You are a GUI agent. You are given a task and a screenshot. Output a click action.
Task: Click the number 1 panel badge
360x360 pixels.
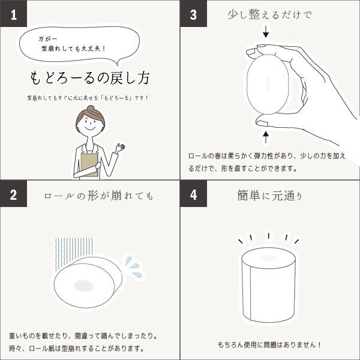(13, 13)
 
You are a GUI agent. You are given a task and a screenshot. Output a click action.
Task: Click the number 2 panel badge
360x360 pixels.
(13, 194)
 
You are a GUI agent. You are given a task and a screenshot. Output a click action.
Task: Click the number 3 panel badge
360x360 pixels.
(194, 13)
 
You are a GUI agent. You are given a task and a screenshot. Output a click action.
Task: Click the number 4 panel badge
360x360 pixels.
(194, 194)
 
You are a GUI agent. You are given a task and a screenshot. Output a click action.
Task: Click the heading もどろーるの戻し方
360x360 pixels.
(90, 78)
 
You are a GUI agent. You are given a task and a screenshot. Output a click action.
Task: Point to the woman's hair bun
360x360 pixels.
(91, 109)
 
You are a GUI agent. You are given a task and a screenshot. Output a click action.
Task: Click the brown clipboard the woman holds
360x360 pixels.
(89, 165)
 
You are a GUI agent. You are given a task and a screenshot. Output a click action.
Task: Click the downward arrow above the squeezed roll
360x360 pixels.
(266, 31)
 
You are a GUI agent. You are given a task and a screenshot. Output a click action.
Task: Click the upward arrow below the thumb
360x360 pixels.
(266, 137)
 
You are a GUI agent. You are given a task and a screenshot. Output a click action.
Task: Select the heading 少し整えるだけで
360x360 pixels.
(269, 15)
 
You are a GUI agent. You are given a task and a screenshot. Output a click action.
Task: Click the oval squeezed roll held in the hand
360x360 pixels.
(268, 84)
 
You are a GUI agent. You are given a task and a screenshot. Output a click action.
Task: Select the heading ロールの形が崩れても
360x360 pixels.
(98, 196)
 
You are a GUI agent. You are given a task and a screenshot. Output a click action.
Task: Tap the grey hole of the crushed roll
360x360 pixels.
(84, 286)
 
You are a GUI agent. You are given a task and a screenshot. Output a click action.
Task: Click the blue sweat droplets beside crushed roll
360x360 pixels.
(133, 266)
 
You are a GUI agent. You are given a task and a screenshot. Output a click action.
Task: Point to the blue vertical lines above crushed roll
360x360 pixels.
(74, 253)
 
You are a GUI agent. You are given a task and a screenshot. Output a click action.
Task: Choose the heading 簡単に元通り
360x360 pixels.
(269, 196)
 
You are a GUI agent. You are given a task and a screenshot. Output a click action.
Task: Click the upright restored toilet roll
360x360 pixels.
(268, 284)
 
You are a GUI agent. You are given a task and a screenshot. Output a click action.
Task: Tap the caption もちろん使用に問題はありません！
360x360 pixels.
(269, 344)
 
